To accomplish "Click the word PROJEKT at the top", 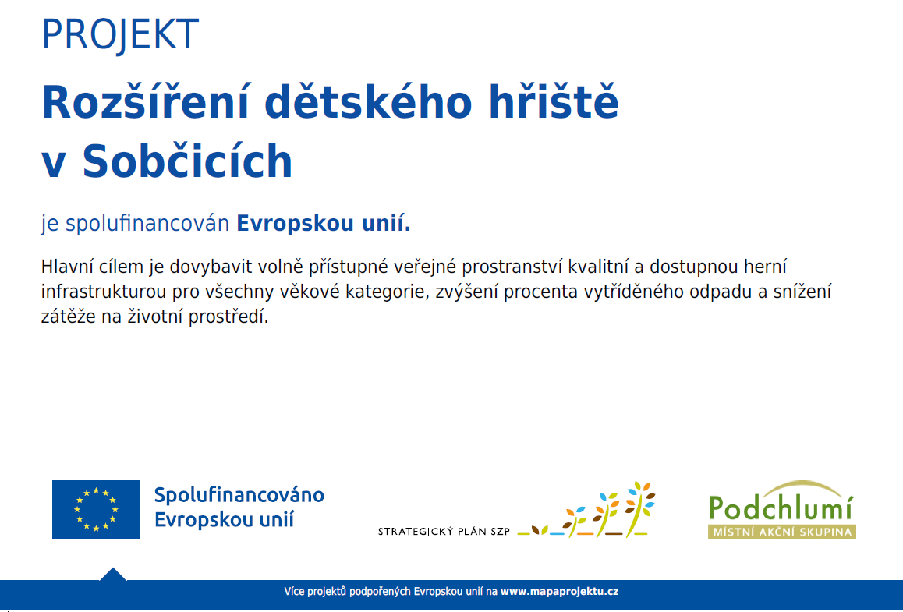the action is pos(120,34).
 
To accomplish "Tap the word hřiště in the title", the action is pos(554,102).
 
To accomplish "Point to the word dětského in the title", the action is pos(369,102).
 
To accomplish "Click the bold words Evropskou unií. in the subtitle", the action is pos(324,224).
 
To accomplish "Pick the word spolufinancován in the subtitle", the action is pos(147,225).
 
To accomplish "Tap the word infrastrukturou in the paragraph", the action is pos(104,292).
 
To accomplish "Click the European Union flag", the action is pos(96,510).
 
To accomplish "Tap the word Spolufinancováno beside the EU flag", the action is pos(239,495).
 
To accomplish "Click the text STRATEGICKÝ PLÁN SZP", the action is pos(444,532).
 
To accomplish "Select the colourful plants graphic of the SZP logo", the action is pos(586,510).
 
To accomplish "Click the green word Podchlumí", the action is pos(781,507).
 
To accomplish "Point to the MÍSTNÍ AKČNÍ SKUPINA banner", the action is pos(782,532).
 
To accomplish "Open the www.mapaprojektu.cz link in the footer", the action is pos(559,591).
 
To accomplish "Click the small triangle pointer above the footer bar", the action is pos(113,575).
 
